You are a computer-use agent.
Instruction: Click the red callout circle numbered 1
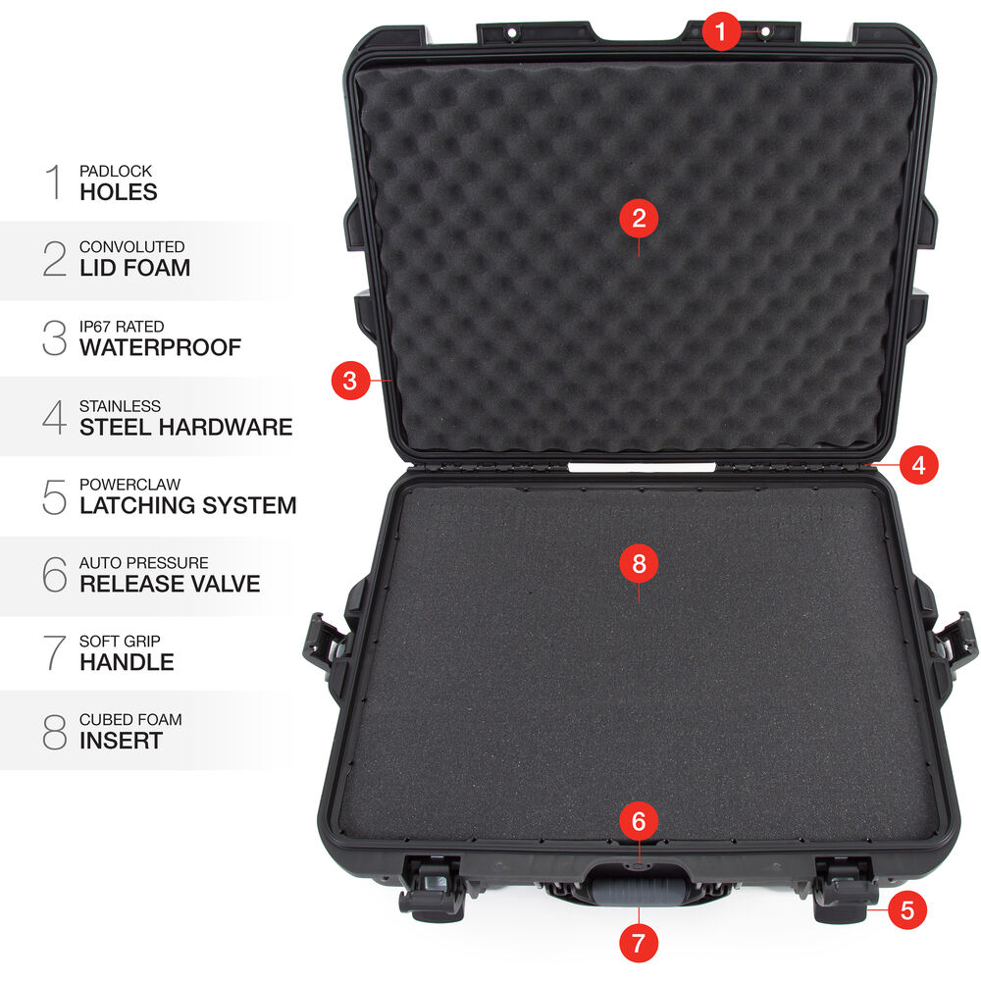tap(720, 30)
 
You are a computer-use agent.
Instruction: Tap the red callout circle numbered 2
tap(639, 219)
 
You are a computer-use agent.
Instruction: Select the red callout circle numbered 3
tap(350, 380)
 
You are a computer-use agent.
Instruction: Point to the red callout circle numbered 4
tap(918, 465)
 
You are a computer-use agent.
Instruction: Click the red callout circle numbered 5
tap(907, 909)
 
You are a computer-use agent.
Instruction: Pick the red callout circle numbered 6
tap(639, 821)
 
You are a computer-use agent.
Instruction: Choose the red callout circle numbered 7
tap(639, 942)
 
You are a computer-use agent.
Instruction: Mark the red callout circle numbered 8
tap(639, 563)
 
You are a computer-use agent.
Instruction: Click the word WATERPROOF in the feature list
tap(160, 347)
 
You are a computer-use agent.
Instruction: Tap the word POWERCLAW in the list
tap(129, 485)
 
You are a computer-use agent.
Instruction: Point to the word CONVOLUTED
tap(132, 246)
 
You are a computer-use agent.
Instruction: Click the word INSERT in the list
tap(121, 741)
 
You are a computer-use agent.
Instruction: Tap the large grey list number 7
tap(54, 652)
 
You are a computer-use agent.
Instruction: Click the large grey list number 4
tap(54, 417)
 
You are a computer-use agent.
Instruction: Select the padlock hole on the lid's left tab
tap(512, 32)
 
